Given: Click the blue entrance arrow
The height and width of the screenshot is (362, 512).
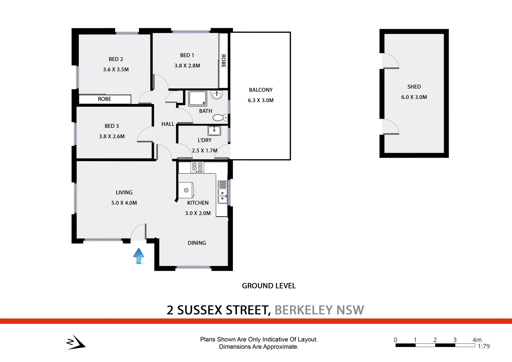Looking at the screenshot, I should coord(139,255).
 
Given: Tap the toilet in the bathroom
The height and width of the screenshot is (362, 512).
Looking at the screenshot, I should coord(221,118).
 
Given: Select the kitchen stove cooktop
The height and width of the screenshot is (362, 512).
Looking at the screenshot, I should coord(197,167).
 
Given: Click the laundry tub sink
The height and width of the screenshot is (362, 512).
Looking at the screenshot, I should coord(214,130).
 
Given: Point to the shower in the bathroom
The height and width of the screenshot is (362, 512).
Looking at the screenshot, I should coord(198,98).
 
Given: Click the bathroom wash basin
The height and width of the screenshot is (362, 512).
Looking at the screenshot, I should coord(217,95).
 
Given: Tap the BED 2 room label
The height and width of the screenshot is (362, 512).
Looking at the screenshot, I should coord(116,59).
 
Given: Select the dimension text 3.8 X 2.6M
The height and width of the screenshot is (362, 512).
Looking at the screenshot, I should coord(112,136).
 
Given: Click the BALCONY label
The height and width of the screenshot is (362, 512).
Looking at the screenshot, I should coord(261,90).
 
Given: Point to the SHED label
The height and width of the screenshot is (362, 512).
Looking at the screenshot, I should coord(414,87).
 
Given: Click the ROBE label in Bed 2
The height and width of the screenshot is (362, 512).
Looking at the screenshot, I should coord(105,99).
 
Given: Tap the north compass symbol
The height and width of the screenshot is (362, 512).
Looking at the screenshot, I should coord(76,342).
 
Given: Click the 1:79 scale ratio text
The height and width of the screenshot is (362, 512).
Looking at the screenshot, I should coord(484,346).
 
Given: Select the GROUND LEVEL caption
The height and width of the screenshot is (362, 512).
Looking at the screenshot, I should coord(269,286).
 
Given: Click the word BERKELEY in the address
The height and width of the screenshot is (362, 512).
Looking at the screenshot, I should coord(304,310).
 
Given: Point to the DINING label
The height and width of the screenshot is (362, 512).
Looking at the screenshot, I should coord(197,243).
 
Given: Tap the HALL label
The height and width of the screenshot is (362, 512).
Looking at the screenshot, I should coord(168,124).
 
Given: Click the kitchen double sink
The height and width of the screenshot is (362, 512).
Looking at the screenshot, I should coord(222,192).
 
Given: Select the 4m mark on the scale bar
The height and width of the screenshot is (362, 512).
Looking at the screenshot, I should coord(477,340).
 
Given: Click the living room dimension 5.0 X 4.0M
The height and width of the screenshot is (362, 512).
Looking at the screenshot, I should coord(124,203).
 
